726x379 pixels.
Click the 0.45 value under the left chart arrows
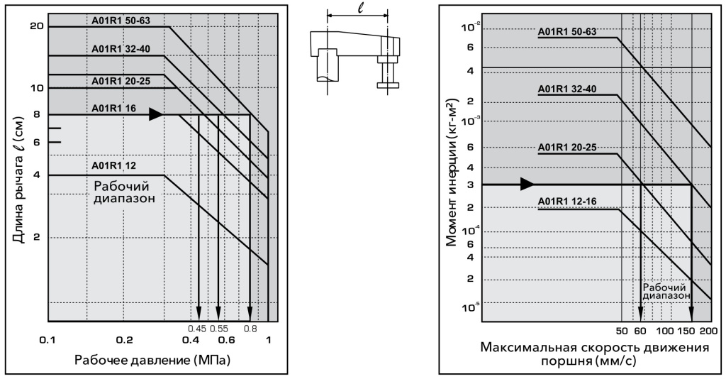click(x=197, y=328)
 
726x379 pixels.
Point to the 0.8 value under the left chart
click(x=250, y=328)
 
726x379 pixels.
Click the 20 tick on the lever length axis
click(x=38, y=26)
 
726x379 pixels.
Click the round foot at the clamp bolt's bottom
click(x=387, y=86)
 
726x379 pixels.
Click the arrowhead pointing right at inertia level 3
click(x=527, y=185)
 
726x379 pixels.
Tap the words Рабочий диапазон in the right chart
click(x=666, y=292)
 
